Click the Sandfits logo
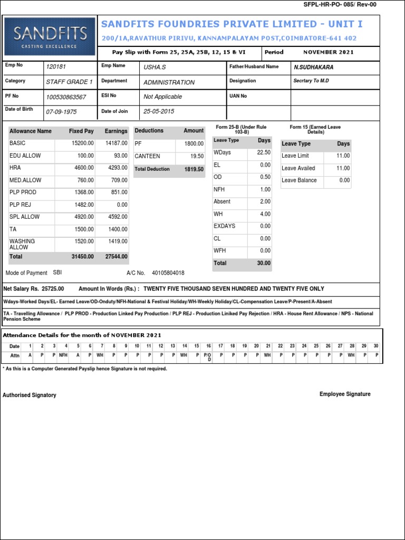(51, 37)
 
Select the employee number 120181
(56, 67)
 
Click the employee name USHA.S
(154, 67)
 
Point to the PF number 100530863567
(66, 97)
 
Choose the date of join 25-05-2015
(159, 112)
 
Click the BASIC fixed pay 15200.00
(83, 143)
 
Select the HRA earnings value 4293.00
(117, 168)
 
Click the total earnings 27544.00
(116, 256)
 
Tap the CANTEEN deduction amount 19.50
(197, 157)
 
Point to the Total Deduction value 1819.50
(193, 169)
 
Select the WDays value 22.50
(263, 152)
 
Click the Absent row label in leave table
(221, 201)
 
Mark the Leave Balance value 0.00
(344, 180)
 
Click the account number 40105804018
(168, 273)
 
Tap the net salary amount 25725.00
(53, 289)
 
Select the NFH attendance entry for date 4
(63, 356)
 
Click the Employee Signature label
(345, 394)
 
